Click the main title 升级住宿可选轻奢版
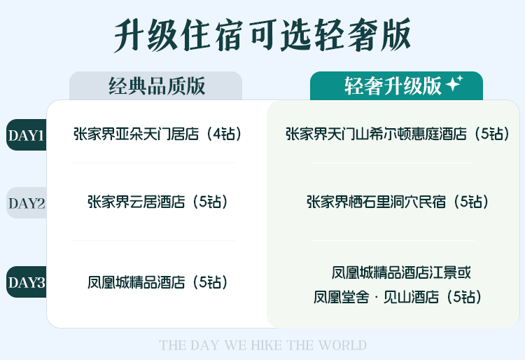[262, 35]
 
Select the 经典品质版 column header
[157, 86]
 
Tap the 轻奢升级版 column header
[393, 86]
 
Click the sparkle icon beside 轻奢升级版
[455, 83]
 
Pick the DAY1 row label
[27, 135]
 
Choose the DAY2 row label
[27, 203]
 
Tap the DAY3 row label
[27, 282]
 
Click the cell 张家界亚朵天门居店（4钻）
[157, 134]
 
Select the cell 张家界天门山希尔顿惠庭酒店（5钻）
[398, 134]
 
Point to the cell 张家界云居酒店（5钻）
[157, 202]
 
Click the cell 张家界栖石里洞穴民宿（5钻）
[398, 202]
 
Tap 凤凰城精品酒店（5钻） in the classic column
[157, 282]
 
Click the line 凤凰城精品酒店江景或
[401, 272]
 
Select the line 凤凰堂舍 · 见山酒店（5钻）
[398, 297]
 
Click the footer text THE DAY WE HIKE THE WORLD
[262, 345]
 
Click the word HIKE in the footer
[267, 345]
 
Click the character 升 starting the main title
[129, 35]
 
